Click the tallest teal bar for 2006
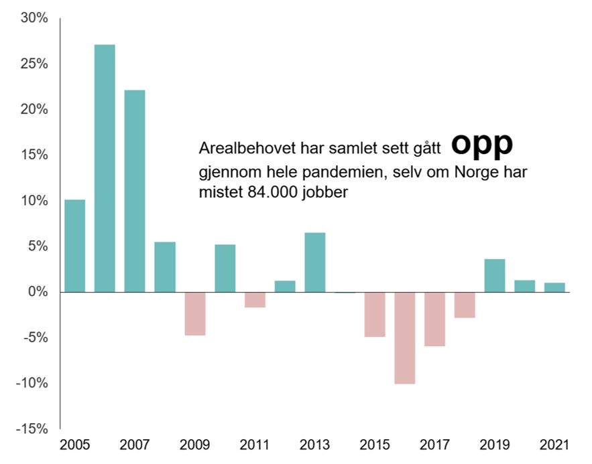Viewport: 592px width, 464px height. [x=105, y=168]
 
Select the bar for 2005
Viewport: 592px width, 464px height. [x=74, y=246]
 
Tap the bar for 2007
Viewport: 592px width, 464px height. [x=135, y=191]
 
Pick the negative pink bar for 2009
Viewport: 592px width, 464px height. [x=194, y=313]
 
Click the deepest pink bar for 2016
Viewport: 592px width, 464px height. [x=404, y=337]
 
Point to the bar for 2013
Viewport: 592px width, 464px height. [x=314, y=262]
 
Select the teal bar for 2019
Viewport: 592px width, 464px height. [x=495, y=275]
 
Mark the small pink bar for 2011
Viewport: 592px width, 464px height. [x=255, y=299]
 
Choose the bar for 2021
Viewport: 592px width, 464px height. [x=554, y=287]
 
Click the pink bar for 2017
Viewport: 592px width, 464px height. [x=434, y=319]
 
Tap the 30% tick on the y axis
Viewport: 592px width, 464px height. [x=34, y=19]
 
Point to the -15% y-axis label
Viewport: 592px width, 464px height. [x=32, y=429]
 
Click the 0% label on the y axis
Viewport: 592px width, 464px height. [x=38, y=292]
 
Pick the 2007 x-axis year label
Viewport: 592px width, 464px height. [x=135, y=445]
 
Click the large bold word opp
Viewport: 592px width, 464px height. [x=481, y=143]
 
